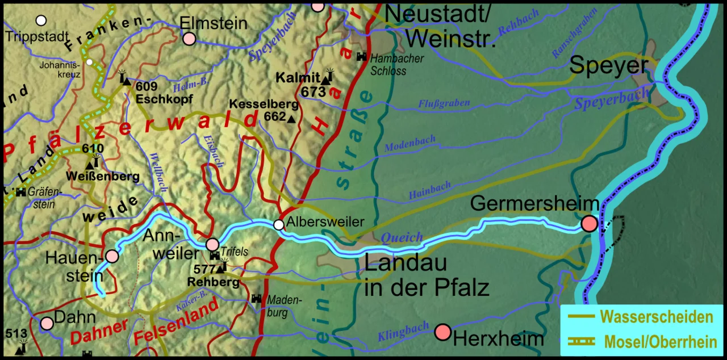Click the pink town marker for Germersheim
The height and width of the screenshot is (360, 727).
[590, 224]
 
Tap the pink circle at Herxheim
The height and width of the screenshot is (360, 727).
[442, 332]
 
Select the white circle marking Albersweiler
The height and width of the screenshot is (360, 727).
[279, 225]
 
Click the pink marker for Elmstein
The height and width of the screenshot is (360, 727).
[189, 39]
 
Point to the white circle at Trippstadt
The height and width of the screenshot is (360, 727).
[41, 21]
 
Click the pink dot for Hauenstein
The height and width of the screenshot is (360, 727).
[112, 256]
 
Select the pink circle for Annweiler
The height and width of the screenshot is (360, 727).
[212, 245]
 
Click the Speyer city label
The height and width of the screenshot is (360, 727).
[608, 66]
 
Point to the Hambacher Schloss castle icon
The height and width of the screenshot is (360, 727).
[361, 56]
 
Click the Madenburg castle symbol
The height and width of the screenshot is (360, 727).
[257, 298]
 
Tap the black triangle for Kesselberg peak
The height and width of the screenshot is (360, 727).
[291, 119]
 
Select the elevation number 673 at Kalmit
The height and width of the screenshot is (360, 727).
[313, 91]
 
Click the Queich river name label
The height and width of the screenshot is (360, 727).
[402, 237]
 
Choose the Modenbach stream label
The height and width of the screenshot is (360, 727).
[410, 144]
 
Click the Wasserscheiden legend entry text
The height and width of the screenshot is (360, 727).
[656, 317]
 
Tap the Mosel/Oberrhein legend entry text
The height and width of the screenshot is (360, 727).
[661, 342]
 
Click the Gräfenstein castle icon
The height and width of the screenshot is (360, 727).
[21, 192]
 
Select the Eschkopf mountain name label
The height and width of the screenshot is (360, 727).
[164, 99]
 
